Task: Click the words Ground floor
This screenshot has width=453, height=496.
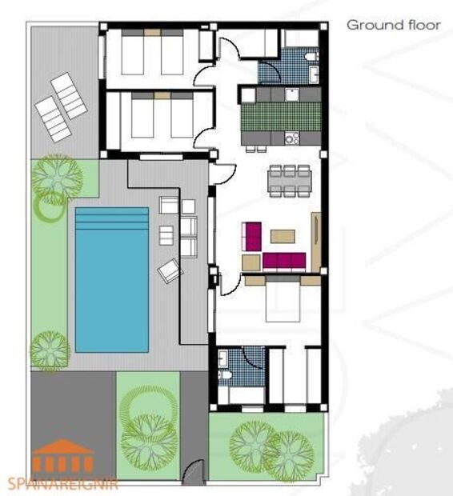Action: [x=393, y=25]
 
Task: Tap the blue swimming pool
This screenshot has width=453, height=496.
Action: [x=111, y=288]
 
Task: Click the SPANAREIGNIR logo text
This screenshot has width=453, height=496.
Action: [x=62, y=483]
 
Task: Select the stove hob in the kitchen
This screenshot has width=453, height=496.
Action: [x=292, y=138]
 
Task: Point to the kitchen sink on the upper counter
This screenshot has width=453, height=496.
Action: [x=293, y=94]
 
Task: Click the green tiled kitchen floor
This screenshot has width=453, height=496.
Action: [x=280, y=117]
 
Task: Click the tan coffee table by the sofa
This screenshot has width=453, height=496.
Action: [x=282, y=236]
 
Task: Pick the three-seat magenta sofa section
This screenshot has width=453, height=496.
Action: [x=284, y=261]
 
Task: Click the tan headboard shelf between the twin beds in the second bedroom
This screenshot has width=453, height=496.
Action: [x=162, y=95]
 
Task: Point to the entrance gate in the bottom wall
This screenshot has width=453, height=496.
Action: [x=192, y=476]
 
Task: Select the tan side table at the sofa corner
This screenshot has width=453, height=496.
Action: [x=251, y=262]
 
